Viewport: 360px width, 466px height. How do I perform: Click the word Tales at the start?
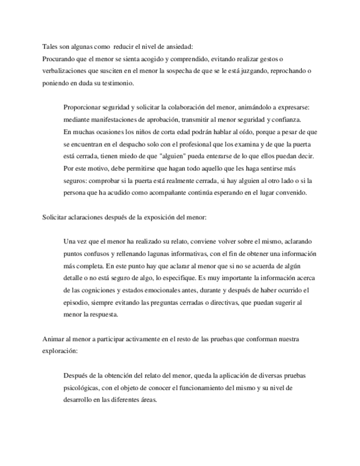click(50, 46)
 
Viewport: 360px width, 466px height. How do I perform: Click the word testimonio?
click(116, 84)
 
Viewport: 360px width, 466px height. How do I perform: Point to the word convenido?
click(279, 193)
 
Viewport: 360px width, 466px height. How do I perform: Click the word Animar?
click(54, 339)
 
